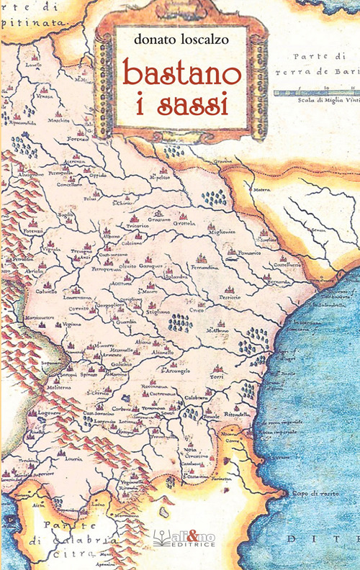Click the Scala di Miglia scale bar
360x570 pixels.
tap(317, 91)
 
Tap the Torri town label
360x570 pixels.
tap(215, 376)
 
